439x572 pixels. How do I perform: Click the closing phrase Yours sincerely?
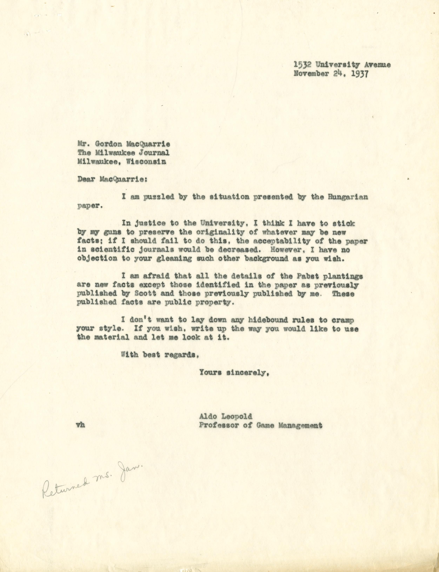[234, 373]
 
